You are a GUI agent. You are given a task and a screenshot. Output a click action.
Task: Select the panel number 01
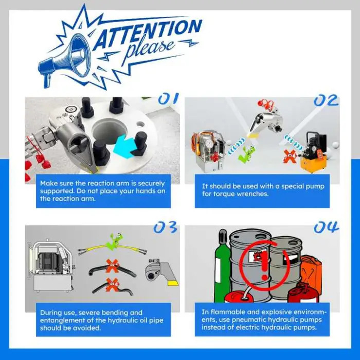(x=169, y=99)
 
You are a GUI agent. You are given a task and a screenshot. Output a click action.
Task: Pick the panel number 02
(x=326, y=101)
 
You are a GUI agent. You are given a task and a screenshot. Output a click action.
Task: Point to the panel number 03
(x=165, y=227)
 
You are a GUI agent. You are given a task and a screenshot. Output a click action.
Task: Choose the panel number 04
(x=326, y=227)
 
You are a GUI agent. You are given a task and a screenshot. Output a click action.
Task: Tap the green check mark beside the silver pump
(x=246, y=153)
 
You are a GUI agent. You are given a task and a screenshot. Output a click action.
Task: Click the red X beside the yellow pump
(x=289, y=156)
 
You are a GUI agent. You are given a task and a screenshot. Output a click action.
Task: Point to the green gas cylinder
(x=222, y=266)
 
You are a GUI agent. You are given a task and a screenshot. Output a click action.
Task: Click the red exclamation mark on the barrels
(x=264, y=264)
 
